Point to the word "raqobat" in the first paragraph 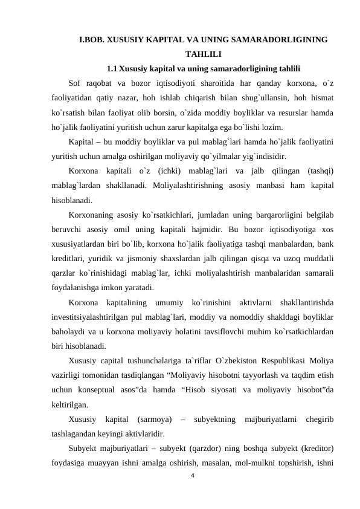pos(104,83)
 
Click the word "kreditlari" pos(69,259)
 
